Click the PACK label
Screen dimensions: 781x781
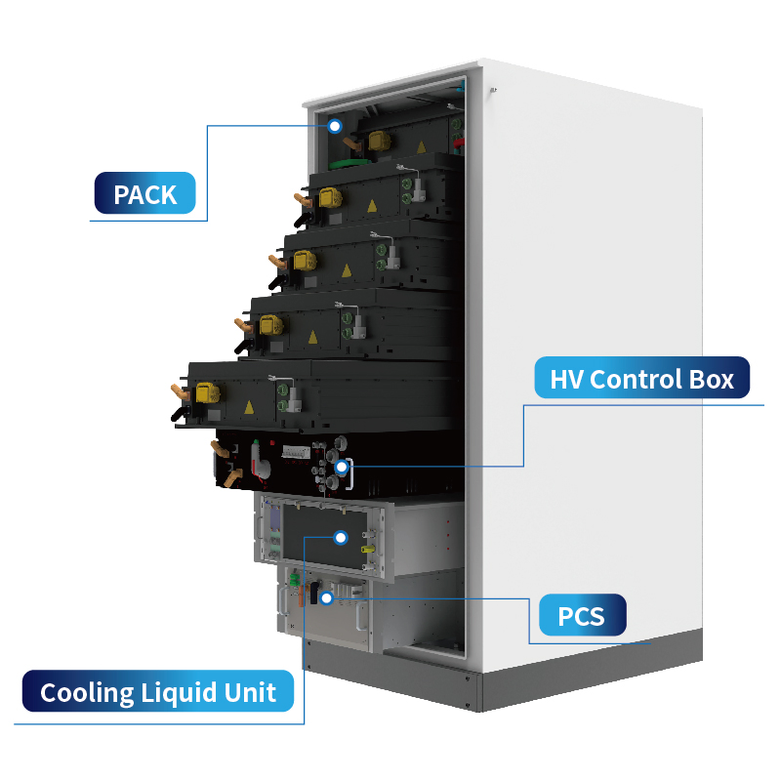(x=145, y=194)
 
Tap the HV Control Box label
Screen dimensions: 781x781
(x=641, y=378)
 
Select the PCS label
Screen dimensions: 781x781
(x=581, y=616)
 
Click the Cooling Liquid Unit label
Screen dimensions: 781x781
(x=158, y=693)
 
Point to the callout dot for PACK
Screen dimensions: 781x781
(x=335, y=126)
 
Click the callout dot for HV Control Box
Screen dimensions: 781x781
(x=341, y=468)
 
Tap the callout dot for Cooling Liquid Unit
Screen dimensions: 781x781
(x=340, y=537)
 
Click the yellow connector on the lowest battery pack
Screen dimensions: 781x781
(x=205, y=392)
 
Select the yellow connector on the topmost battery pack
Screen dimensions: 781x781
(x=382, y=143)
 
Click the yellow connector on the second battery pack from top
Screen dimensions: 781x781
(x=330, y=197)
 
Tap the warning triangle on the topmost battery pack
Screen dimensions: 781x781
(x=422, y=146)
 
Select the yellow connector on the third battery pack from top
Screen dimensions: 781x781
(x=304, y=260)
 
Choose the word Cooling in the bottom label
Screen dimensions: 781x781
(x=86, y=693)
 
